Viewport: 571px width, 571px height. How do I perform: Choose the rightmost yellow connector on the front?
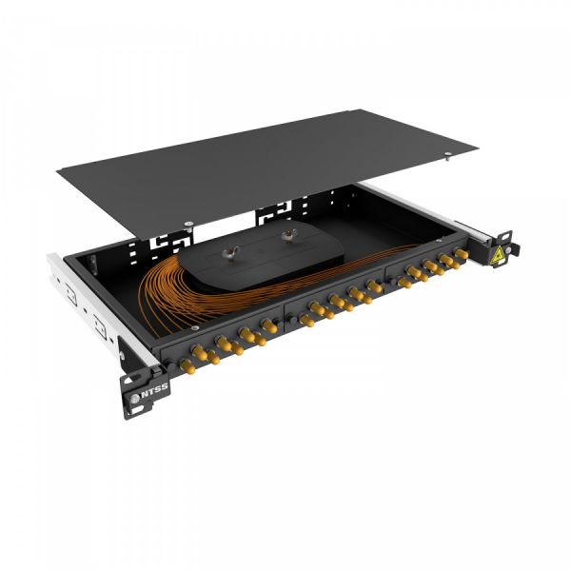coord(462,255)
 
